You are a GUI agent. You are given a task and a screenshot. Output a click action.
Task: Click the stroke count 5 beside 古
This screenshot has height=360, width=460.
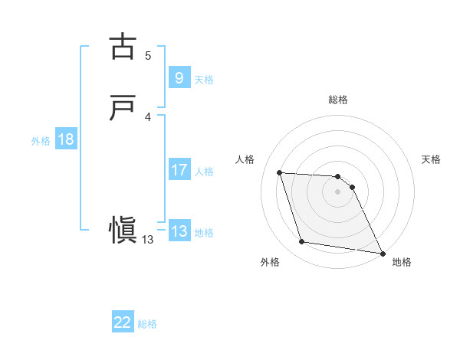[148, 55]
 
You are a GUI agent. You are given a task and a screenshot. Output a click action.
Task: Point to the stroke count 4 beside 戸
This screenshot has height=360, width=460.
[148, 116]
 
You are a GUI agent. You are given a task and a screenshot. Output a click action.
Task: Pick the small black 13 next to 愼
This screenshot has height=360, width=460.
[148, 240]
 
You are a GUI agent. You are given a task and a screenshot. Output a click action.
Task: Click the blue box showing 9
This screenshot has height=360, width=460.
[179, 78]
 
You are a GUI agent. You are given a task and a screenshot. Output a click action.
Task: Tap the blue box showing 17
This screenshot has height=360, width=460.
[179, 170]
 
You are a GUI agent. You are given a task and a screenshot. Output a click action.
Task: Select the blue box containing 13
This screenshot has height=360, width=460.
[179, 231]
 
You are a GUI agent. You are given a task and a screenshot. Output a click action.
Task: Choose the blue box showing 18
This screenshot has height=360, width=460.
[66, 139]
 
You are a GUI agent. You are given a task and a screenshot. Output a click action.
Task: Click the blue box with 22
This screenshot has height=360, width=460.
[123, 322]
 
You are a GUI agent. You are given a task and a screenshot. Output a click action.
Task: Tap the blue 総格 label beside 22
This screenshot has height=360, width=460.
[148, 324]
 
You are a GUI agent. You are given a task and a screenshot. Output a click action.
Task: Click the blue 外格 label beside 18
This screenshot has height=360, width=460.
[41, 141]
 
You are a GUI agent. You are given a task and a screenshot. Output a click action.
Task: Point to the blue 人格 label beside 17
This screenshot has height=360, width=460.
[205, 172]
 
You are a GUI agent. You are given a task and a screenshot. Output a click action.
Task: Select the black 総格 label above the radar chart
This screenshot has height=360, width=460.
[338, 100]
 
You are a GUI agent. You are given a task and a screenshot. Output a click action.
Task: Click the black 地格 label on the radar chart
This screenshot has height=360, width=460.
[402, 262]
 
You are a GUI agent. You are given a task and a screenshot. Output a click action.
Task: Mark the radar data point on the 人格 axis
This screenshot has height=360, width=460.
[280, 173]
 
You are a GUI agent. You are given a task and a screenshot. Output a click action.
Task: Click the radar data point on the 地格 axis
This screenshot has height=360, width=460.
[383, 254]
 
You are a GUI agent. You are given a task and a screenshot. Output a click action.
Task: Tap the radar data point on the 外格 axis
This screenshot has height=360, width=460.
[302, 242]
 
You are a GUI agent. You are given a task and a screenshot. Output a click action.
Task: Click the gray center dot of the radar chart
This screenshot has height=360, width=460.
[338, 192]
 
